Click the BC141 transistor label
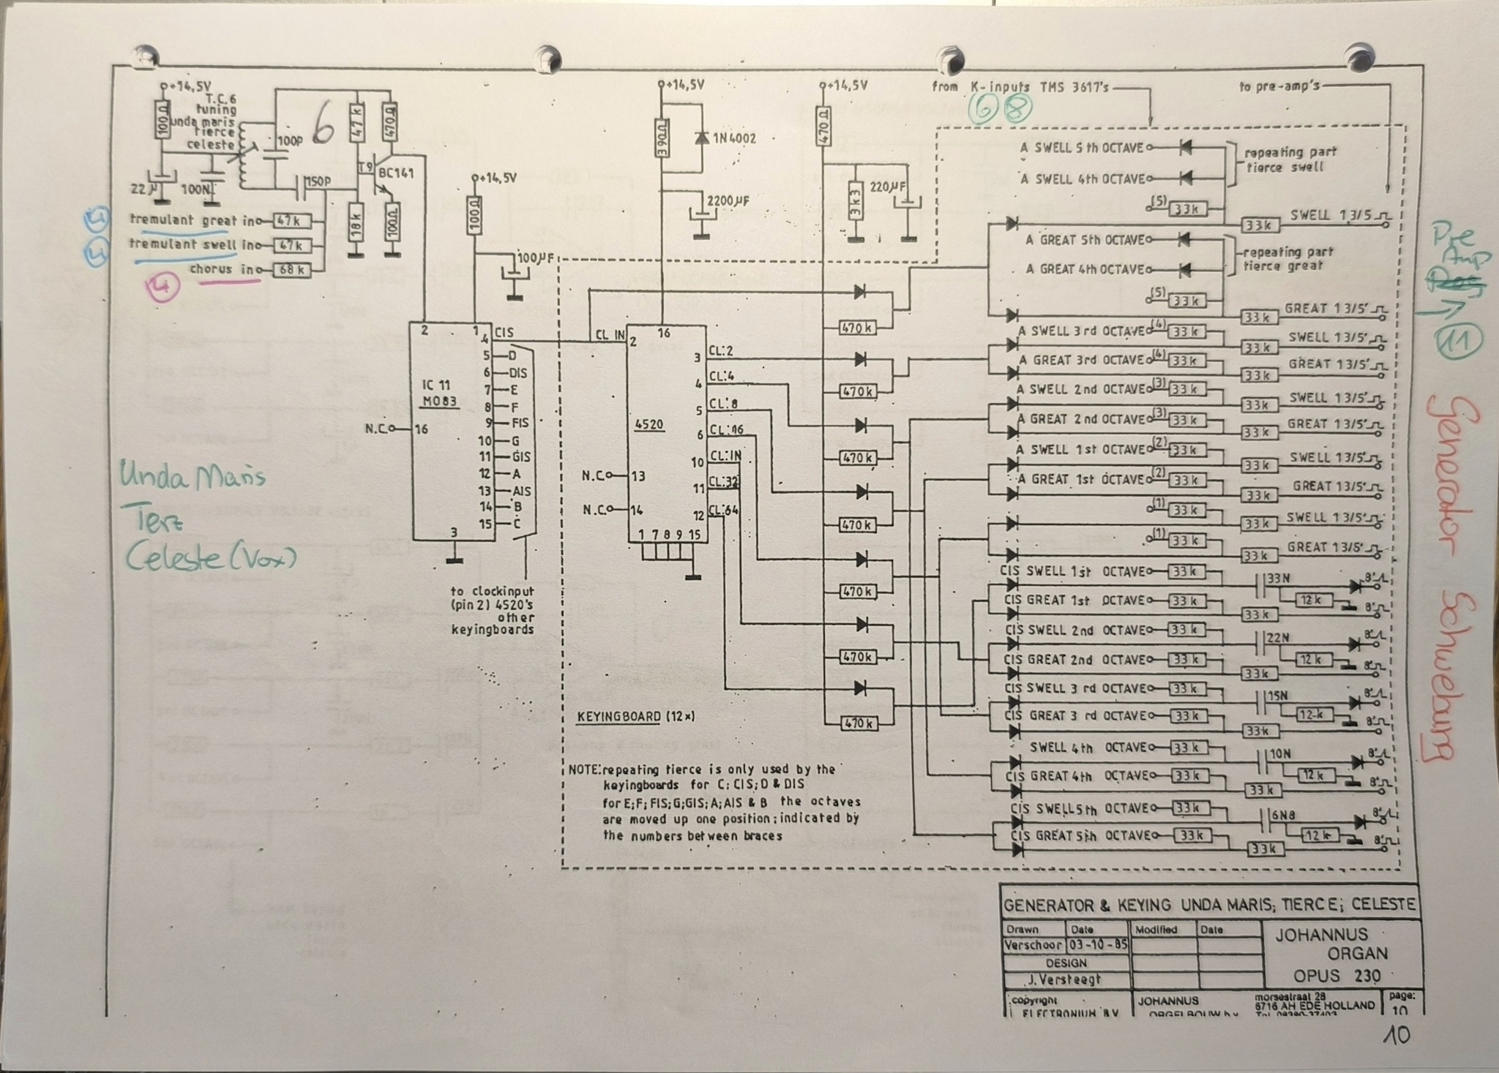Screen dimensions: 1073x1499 coord(396,173)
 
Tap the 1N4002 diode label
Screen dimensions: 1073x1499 coord(734,138)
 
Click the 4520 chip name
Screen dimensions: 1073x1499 coord(651,424)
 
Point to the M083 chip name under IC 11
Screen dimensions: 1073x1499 coord(439,401)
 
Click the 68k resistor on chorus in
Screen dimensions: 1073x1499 coord(291,271)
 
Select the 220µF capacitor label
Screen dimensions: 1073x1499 coord(889,187)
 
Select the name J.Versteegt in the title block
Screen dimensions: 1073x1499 coord(1065,980)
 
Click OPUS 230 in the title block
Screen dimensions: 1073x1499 coord(1337,976)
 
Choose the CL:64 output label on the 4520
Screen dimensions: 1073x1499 coord(725,511)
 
